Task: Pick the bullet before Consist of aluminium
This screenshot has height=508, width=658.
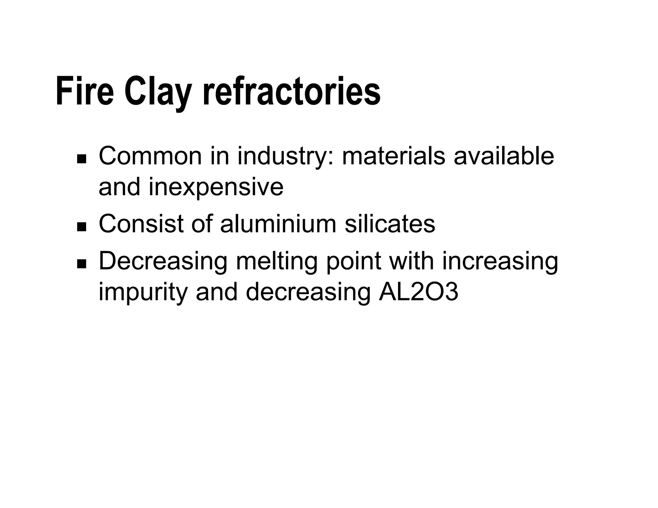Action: tap(82, 227)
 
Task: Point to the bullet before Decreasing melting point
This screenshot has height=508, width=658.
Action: tap(82, 264)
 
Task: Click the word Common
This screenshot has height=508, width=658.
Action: tap(150, 156)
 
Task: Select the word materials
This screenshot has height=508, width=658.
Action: tap(393, 156)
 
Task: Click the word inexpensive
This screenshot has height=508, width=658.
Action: tap(216, 188)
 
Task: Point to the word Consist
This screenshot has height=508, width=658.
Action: tap(141, 224)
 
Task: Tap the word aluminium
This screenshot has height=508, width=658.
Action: tap(278, 224)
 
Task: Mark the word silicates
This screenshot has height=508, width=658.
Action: tap(390, 224)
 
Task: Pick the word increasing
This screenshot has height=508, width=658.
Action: tap(500, 262)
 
